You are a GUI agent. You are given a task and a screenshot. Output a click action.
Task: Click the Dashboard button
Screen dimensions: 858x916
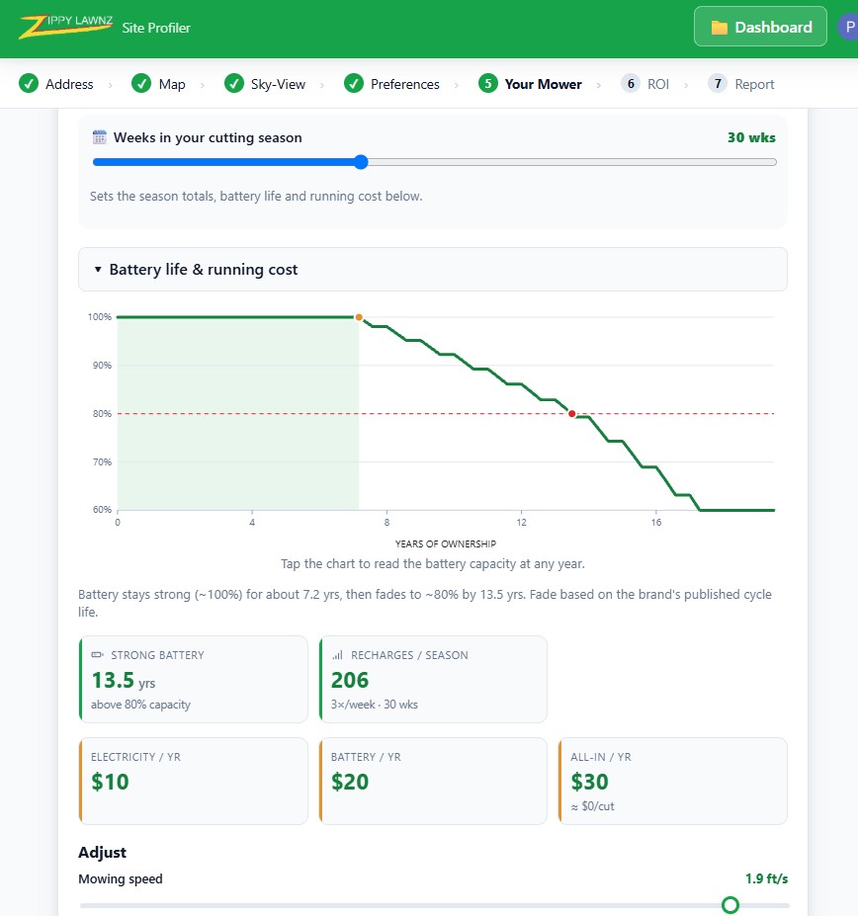tap(760, 27)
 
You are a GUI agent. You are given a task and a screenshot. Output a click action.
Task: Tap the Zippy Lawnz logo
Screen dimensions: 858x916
tap(65, 27)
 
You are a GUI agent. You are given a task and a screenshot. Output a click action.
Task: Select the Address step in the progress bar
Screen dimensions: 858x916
tap(56, 84)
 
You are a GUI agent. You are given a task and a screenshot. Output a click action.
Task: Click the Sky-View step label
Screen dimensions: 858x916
tap(278, 84)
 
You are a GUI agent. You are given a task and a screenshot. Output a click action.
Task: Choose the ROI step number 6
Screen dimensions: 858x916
tap(630, 84)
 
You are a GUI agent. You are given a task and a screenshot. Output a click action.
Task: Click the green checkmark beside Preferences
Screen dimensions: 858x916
tap(354, 84)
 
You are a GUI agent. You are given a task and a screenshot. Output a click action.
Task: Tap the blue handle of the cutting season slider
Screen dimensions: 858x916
tap(361, 162)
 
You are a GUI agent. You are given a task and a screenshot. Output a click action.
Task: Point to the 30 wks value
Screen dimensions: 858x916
tap(751, 138)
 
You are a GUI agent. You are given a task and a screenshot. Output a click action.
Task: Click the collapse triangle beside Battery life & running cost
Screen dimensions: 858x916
tap(98, 270)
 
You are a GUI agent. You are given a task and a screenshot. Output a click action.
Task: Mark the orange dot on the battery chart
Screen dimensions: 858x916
tap(359, 317)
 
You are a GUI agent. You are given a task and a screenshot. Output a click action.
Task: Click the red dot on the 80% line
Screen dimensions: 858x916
tap(571, 414)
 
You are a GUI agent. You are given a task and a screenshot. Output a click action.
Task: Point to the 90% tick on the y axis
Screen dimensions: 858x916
tap(102, 365)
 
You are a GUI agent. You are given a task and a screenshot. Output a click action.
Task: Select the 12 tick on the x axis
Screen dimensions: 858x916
tap(521, 523)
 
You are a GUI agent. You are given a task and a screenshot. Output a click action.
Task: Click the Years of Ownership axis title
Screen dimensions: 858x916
tap(446, 543)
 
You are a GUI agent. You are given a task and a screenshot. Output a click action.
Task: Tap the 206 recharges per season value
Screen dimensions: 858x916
tap(350, 680)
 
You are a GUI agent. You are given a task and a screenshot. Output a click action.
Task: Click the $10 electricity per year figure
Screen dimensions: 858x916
tap(110, 782)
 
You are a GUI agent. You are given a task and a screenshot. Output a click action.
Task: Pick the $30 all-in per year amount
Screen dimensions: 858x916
tap(589, 782)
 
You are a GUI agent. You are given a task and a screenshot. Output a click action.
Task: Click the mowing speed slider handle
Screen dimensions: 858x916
tap(730, 905)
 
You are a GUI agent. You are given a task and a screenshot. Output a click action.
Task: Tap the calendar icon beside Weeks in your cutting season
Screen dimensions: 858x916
tap(100, 137)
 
